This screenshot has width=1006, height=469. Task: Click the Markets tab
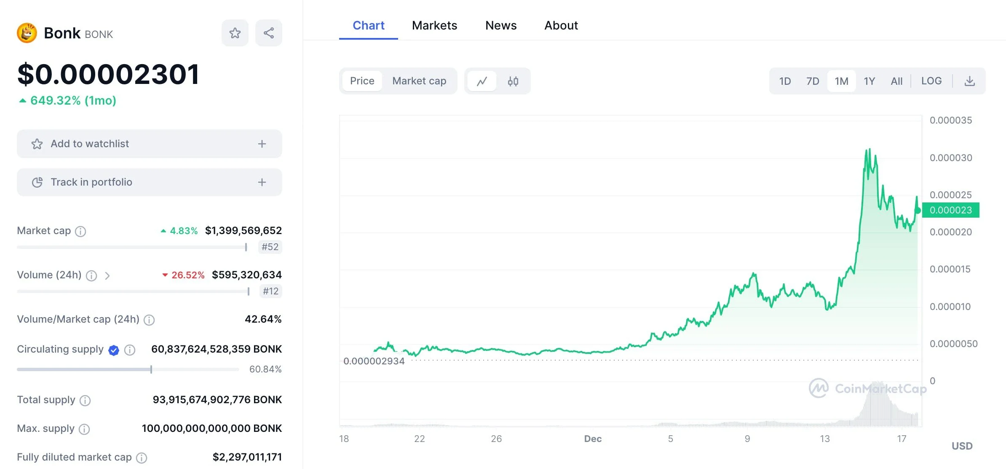(x=434, y=25)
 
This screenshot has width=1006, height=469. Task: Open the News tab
(x=500, y=25)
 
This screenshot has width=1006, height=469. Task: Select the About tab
(x=561, y=25)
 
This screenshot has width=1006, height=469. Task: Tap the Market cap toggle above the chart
(x=419, y=81)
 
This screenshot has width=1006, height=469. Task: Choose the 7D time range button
(x=813, y=81)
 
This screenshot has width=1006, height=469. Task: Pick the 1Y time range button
(x=870, y=81)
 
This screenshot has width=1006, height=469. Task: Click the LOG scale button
(x=931, y=81)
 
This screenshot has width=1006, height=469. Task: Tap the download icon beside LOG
(x=970, y=81)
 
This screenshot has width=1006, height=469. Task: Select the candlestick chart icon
(x=513, y=81)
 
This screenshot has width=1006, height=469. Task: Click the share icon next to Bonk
(x=269, y=33)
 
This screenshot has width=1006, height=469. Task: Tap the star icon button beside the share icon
(x=235, y=33)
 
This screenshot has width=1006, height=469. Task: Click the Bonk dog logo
(x=27, y=33)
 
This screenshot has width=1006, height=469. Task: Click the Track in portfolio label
(x=91, y=182)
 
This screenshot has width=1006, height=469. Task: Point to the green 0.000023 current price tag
(x=950, y=210)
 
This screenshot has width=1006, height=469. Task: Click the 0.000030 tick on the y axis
(x=951, y=158)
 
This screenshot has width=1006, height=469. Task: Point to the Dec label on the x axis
(x=593, y=439)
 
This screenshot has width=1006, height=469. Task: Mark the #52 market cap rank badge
(x=270, y=247)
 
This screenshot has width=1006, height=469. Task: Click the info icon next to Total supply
(x=85, y=400)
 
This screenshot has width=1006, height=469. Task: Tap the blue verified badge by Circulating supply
(x=114, y=350)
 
